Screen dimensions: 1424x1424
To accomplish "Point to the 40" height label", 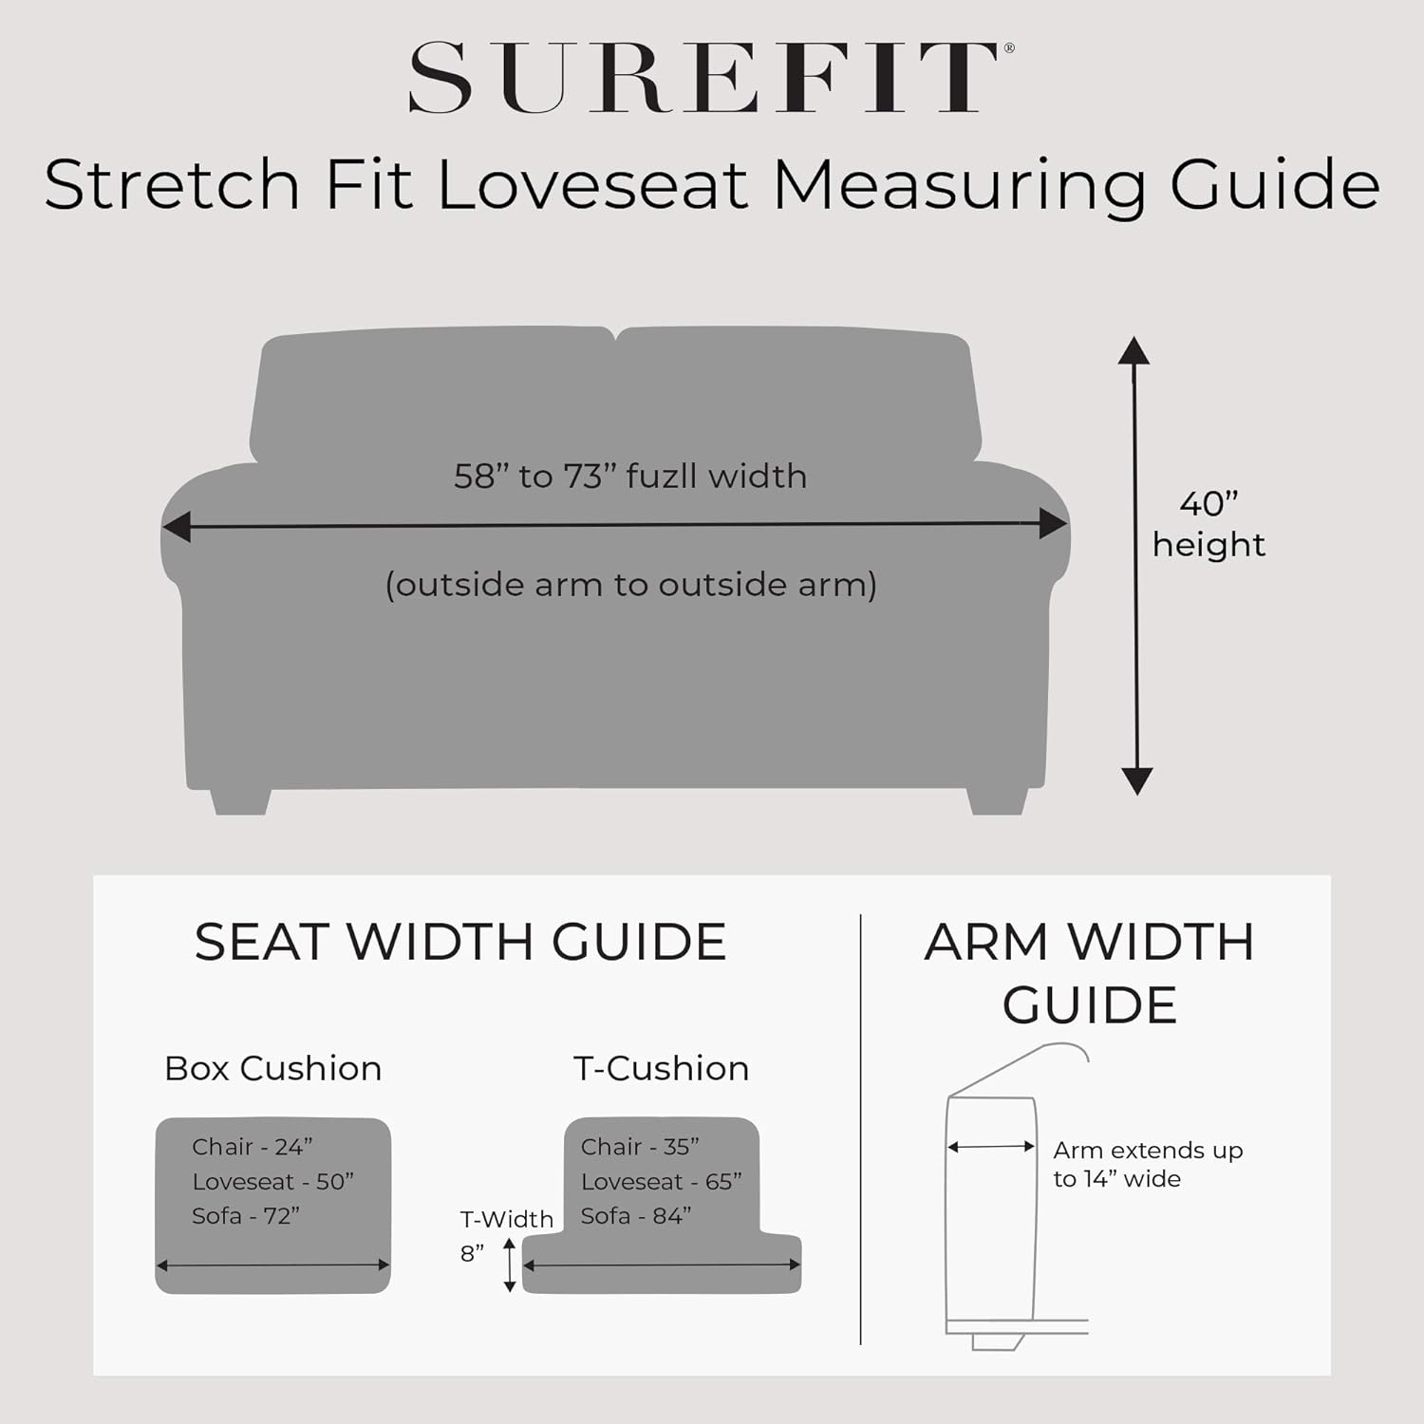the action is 1209,524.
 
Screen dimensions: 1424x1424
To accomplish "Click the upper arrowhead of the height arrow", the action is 1134,350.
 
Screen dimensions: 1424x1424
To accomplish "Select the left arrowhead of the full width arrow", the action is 176,525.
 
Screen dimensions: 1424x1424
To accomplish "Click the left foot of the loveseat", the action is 240,801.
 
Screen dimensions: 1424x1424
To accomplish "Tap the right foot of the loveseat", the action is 997,801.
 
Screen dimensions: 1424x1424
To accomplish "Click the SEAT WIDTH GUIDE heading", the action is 460,942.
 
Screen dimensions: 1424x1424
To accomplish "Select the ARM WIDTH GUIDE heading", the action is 1090,973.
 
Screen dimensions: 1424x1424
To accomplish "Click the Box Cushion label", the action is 273,1069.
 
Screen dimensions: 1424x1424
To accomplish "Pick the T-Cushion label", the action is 662,1069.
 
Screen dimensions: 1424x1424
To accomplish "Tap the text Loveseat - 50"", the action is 273,1182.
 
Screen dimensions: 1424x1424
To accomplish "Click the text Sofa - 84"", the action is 636,1216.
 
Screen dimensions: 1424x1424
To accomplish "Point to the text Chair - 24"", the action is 253,1147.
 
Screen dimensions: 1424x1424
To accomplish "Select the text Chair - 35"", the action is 641,1147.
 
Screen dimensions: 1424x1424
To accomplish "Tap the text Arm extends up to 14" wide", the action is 1148,1165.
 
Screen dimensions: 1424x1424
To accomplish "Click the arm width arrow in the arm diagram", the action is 991,1147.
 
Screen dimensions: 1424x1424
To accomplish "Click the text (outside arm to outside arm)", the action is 630,585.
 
